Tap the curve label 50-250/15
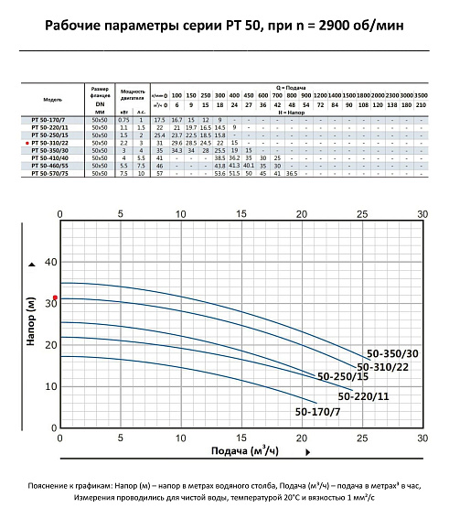[343, 376]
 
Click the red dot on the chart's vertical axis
[55, 297]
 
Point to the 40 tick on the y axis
[50, 261]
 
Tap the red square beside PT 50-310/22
[26, 143]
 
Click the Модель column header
[53, 99]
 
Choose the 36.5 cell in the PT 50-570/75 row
[292, 172]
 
